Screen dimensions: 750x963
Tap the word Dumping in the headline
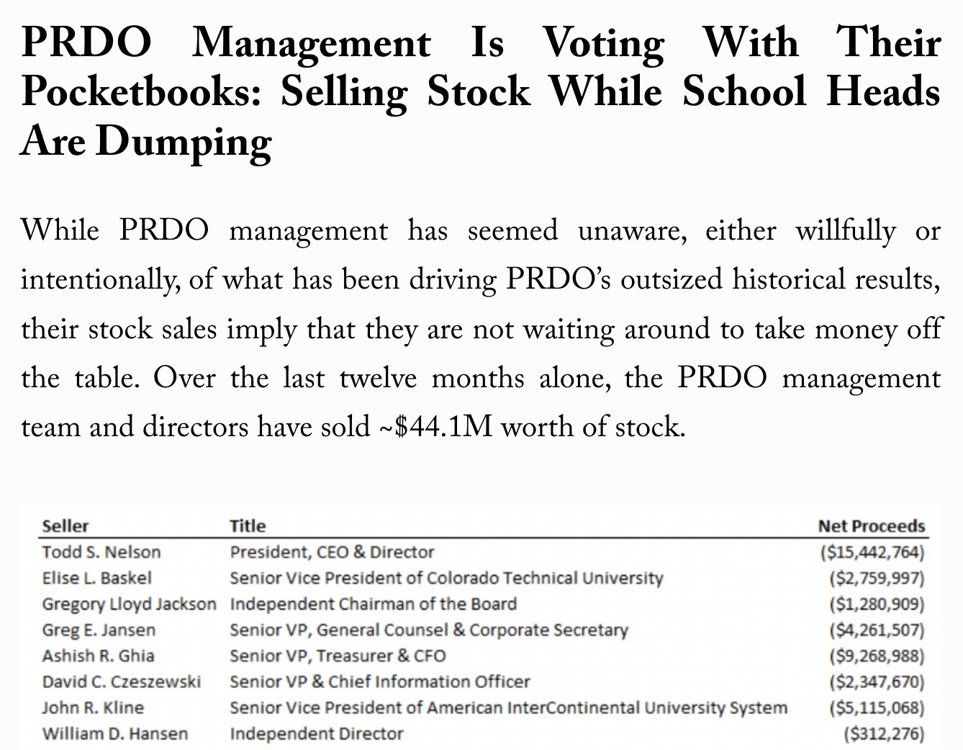click(184, 142)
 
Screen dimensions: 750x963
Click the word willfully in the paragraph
click(845, 230)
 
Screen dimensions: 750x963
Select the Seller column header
click(65, 526)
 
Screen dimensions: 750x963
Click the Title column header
click(248, 526)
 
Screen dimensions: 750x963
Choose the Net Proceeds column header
click(871, 526)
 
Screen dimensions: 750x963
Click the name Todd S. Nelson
click(101, 552)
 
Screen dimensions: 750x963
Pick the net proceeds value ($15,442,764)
click(872, 553)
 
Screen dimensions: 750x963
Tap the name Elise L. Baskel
click(97, 578)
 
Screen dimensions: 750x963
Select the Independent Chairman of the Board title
click(373, 604)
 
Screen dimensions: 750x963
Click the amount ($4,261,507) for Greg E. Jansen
click(876, 631)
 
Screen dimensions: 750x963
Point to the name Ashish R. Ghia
click(98, 656)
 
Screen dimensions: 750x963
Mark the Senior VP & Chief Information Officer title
click(379, 682)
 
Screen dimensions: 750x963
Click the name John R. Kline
click(93, 708)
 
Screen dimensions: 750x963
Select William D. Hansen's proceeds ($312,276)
click(883, 734)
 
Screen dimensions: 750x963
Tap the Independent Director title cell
click(317, 733)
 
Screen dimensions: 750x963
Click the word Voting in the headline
click(603, 43)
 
